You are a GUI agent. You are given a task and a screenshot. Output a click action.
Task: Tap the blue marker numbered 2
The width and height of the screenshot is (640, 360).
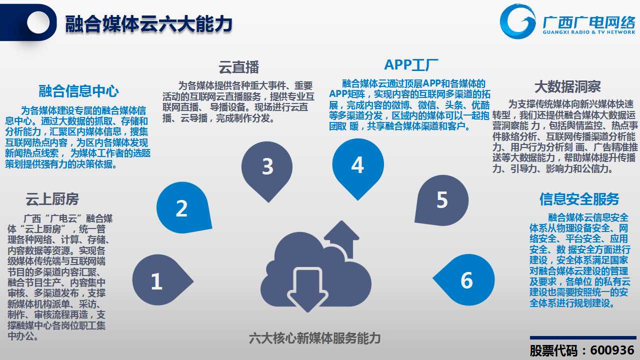click(183, 207)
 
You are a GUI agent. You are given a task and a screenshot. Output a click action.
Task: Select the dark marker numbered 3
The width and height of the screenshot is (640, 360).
click(267, 169)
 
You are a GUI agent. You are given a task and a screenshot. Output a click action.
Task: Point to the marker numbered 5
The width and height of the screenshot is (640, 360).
click(442, 200)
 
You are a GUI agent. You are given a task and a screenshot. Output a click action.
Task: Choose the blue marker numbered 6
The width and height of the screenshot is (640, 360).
click(465, 279)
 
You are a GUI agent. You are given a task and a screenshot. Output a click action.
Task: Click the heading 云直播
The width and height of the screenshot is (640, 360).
click(239, 67)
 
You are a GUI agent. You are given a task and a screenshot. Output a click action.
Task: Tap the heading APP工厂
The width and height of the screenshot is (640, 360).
click(411, 65)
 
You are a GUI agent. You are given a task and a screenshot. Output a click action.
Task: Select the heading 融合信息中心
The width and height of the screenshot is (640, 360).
click(78, 91)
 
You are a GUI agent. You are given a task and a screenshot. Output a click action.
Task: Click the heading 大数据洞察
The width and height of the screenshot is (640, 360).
click(567, 86)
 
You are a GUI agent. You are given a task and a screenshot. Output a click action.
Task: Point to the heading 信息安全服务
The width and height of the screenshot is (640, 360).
click(579, 199)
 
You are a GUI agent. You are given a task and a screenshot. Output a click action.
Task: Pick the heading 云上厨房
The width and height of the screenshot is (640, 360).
click(52, 199)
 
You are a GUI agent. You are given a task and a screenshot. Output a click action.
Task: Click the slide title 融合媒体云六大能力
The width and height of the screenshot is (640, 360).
click(148, 24)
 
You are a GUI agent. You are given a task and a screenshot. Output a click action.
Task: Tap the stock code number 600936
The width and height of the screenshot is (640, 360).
click(612, 350)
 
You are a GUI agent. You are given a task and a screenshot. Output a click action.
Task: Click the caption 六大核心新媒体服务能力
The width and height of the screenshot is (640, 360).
click(315, 338)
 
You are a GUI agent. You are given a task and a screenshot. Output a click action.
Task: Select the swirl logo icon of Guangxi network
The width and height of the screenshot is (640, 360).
click(517, 21)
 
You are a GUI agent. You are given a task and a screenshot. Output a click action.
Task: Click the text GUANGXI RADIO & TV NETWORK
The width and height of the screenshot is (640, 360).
click(589, 32)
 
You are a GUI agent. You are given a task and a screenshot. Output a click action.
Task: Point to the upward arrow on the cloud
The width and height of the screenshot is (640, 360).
click(341, 239)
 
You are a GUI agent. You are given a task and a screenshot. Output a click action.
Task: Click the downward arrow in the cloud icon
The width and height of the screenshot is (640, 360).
click(307, 289)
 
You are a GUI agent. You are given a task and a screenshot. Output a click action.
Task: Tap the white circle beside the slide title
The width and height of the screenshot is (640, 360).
click(38, 22)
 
